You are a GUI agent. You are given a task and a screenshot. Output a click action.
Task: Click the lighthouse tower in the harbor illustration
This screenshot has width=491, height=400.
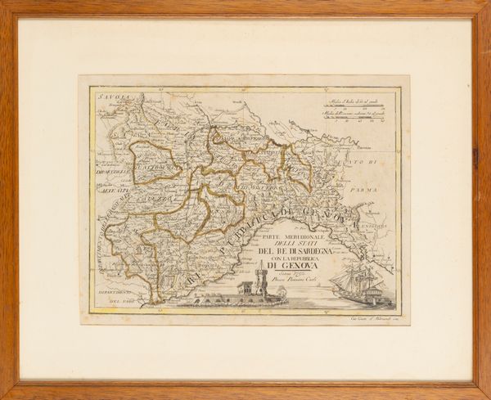(x=260, y=283)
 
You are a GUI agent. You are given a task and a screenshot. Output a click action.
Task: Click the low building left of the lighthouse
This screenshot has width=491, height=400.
(x=244, y=289)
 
